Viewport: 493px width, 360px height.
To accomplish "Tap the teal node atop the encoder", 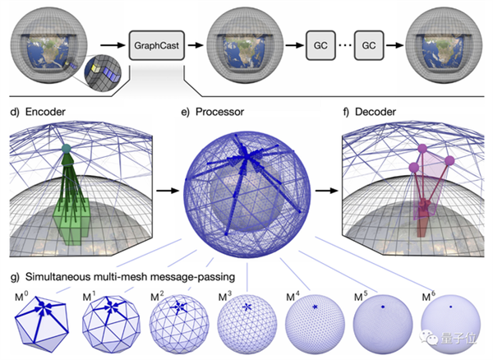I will click(x=67, y=150).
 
